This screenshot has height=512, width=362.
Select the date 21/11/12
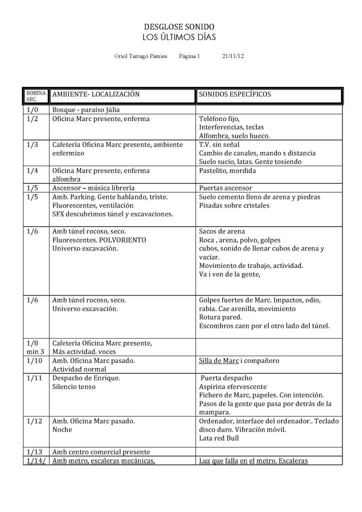[x=233, y=56]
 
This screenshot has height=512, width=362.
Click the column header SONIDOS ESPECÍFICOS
[x=234, y=94]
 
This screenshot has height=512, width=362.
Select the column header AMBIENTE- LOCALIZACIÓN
[x=95, y=94]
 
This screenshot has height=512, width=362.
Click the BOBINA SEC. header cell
[x=35, y=96]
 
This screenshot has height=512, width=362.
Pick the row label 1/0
[x=31, y=110]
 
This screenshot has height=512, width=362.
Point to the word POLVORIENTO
[x=124, y=240]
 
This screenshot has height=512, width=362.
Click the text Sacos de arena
[x=222, y=231]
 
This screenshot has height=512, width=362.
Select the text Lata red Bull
[x=219, y=438]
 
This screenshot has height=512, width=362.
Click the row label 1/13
[x=33, y=452]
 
